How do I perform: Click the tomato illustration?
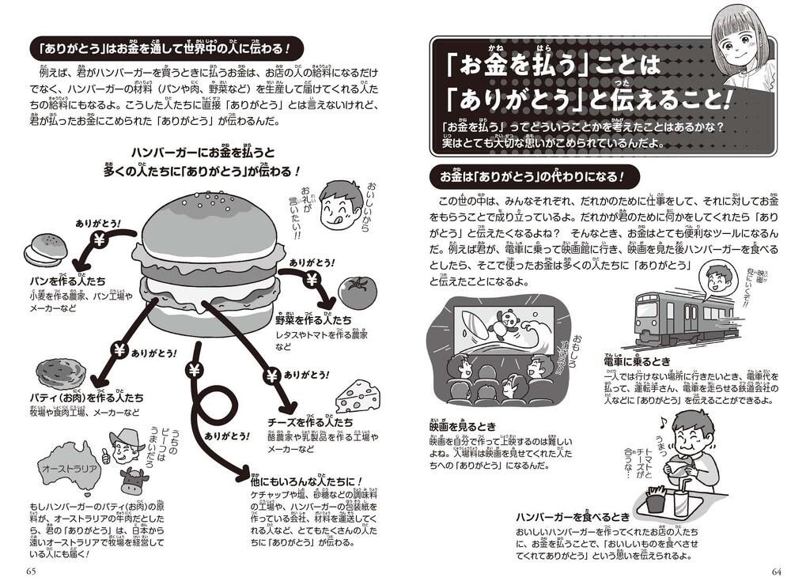pos(358,292)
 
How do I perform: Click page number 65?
pos(32,571)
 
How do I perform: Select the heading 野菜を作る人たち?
pos(313,322)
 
